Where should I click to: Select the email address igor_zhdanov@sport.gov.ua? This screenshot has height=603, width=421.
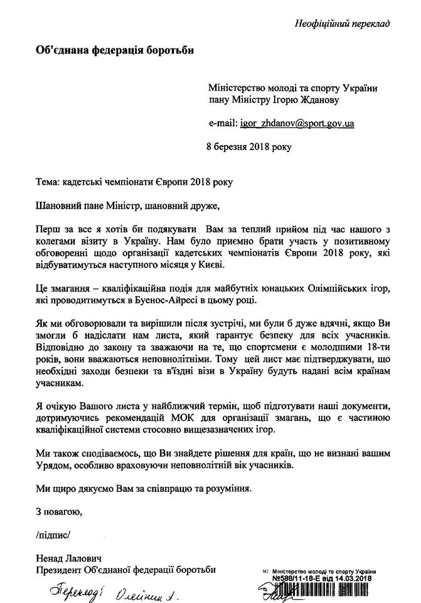pyautogui.click(x=297, y=124)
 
